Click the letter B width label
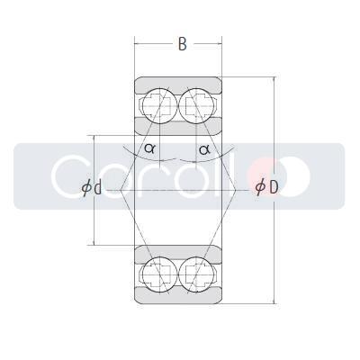coord(182,44)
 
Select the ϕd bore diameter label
coord(91,188)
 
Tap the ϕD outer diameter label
coord(266,187)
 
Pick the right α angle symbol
coord(204,149)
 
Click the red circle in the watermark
coord(265,174)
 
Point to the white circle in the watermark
coord(294,175)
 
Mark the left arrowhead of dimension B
coord(138,42)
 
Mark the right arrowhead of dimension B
coord(220,42)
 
